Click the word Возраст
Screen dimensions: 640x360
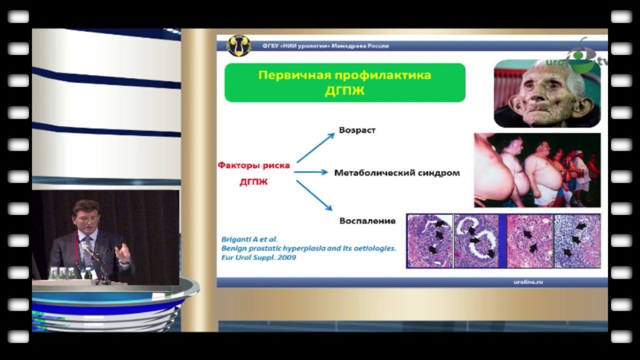click(x=357, y=130)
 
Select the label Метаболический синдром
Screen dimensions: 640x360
click(x=397, y=172)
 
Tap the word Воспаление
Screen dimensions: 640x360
click(x=367, y=221)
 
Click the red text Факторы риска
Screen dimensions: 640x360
click(x=254, y=165)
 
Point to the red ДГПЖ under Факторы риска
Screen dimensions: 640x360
click(x=254, y=182)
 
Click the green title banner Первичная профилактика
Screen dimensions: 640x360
click(x=345, y=82)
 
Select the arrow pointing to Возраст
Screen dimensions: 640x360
click(x=316, y=147)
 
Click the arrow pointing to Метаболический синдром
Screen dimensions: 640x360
click(x=311, y=172)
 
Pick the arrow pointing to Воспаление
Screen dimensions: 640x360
click(x=314, y=196)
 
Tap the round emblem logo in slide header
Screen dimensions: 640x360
click(x=238, y=45)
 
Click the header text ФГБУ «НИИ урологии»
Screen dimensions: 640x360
click(x=296, y=46)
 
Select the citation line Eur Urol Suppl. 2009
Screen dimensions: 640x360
click(x=258, y=257)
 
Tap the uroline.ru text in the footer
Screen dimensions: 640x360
click(x=528, y=282)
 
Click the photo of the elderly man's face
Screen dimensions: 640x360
click(x=547, y=94)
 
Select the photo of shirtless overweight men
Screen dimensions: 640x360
click(x=537, y=170)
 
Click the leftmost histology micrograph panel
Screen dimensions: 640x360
click(x=430, y=241)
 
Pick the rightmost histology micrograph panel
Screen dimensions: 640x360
click(x=577, y=241)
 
